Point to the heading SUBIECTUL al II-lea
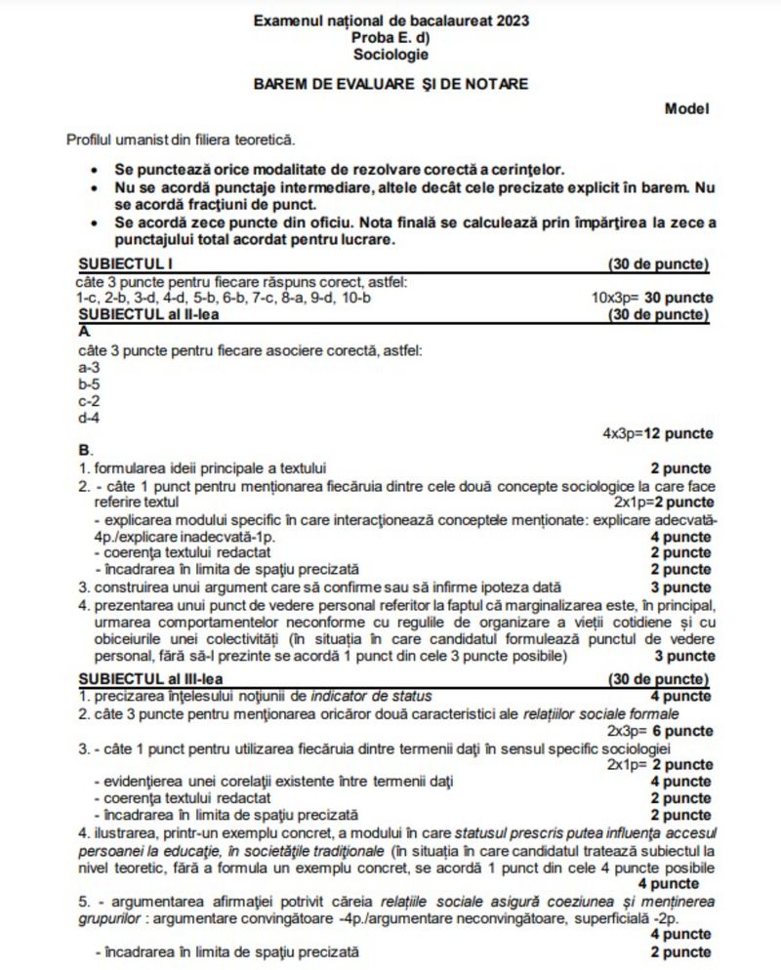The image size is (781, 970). click(148, 314)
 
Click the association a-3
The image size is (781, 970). click(86, 367)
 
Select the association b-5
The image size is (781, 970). click(86, 384)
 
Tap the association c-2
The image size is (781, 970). click(86, 400)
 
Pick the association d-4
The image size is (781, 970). click(86, 417)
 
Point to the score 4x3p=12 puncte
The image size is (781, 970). click(657, 433)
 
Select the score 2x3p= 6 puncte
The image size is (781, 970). click(659, 730)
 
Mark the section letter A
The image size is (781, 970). click(82, 332)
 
